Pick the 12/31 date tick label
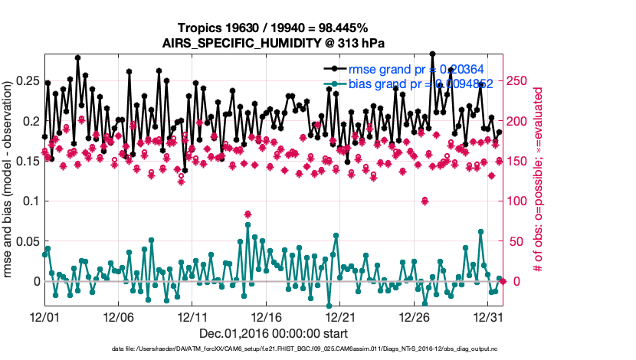(488, 316)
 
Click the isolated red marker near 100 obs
(424, 201)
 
